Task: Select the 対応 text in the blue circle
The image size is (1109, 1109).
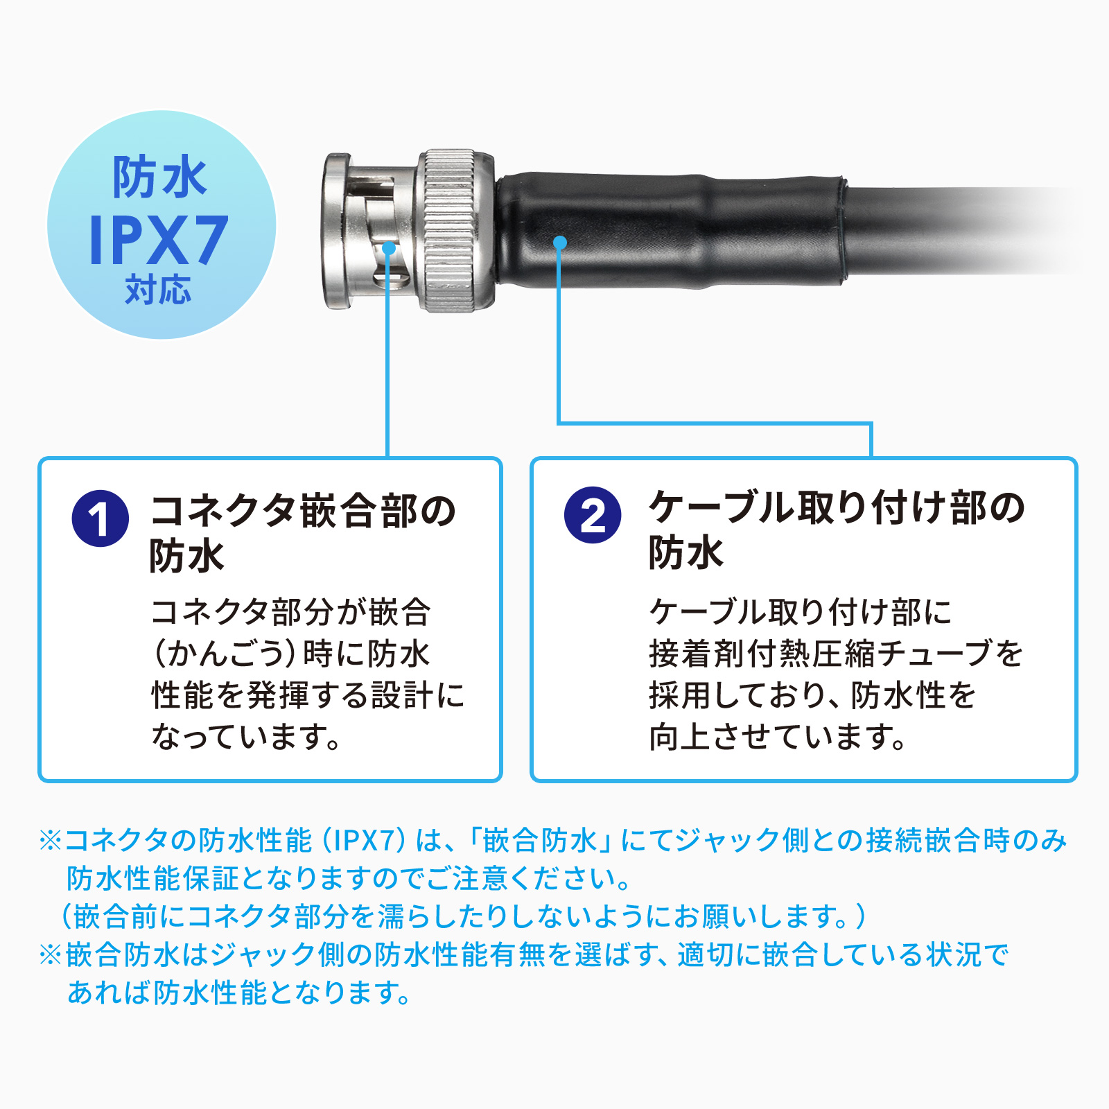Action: [x=159, y=289]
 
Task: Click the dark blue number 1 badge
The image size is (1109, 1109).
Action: [x=101, y=518]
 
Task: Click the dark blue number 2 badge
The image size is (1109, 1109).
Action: [x=593, y=515]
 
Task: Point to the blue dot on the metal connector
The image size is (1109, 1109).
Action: [x=389, y=247]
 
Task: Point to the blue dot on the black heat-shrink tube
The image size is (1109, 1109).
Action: [x=560, y=242]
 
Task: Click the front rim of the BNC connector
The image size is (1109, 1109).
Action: [x=335, y=231]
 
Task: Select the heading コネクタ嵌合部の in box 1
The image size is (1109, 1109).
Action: [x=304, y=512]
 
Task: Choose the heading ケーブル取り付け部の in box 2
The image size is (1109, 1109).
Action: [x=837, y=507]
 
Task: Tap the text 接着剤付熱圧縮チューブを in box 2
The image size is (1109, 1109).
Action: [x=836, y=654]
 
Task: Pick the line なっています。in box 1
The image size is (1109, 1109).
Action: [x=247, y=737]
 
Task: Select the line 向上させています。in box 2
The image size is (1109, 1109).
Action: [x=778, y=737]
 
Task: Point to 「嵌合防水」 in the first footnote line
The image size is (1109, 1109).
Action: [x=540, y=840]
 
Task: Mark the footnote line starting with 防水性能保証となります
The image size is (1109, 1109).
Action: [x=349, y=878]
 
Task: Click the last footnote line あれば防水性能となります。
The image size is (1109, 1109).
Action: [x=239, y=993]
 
